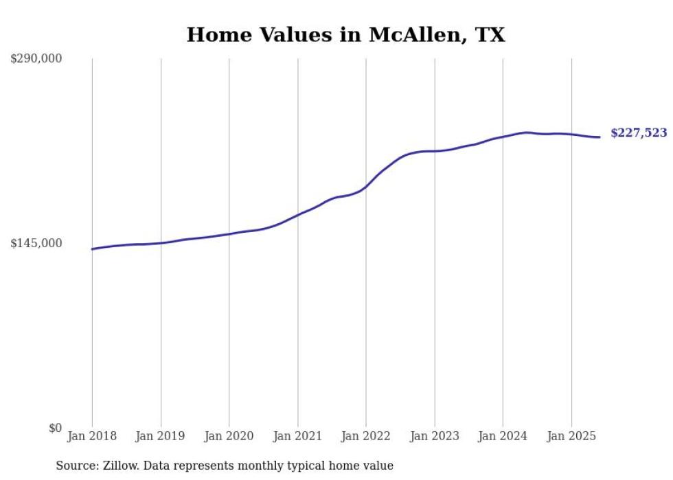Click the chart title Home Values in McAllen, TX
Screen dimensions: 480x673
[345, 35]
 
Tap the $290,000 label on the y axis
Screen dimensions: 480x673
[36, 59]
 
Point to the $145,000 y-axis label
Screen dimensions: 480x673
[36, 243]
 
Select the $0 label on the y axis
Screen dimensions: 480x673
[55, 428]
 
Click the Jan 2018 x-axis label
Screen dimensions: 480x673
[92, 436]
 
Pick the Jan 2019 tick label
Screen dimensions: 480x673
[161, 436]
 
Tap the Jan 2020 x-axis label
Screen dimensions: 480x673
[229, 436]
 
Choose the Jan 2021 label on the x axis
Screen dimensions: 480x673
[297, 436]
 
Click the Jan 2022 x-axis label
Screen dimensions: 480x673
[366, 436]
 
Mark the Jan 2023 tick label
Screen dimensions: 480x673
[435, 436]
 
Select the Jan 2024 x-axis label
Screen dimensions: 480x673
[503, 436]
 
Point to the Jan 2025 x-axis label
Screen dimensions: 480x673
[571, 436]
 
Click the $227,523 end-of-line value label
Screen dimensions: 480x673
[639, 133]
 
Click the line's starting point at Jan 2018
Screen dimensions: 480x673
[92, 249]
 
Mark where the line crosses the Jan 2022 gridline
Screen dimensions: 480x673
[366, 185]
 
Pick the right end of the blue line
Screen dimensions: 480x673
[600, 137]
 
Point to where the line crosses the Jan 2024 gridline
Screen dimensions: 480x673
[503, 137]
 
